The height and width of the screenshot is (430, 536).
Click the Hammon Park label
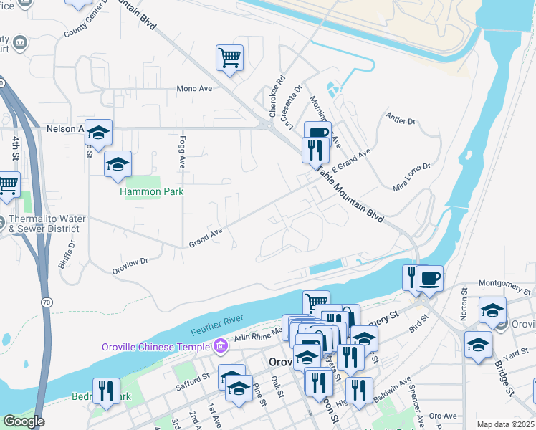coord(151,191)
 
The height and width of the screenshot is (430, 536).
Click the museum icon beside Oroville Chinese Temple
coord(221,347)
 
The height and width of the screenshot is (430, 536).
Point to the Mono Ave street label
coord(195,89)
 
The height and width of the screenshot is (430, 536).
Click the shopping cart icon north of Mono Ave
coord(229,58)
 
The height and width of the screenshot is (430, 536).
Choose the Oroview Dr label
coord(129,265)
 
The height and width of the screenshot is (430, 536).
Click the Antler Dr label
coord(401,119)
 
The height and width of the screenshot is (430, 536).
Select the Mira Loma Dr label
coord(411,177)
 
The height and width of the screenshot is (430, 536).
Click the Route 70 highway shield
coord(46,304)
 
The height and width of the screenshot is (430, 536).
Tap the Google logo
coord(24,421)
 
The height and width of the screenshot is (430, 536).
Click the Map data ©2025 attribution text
coord(505,424)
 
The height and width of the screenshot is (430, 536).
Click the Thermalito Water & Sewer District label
coord(47,224)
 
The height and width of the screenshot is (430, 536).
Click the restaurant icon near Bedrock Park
coord(106,391)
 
